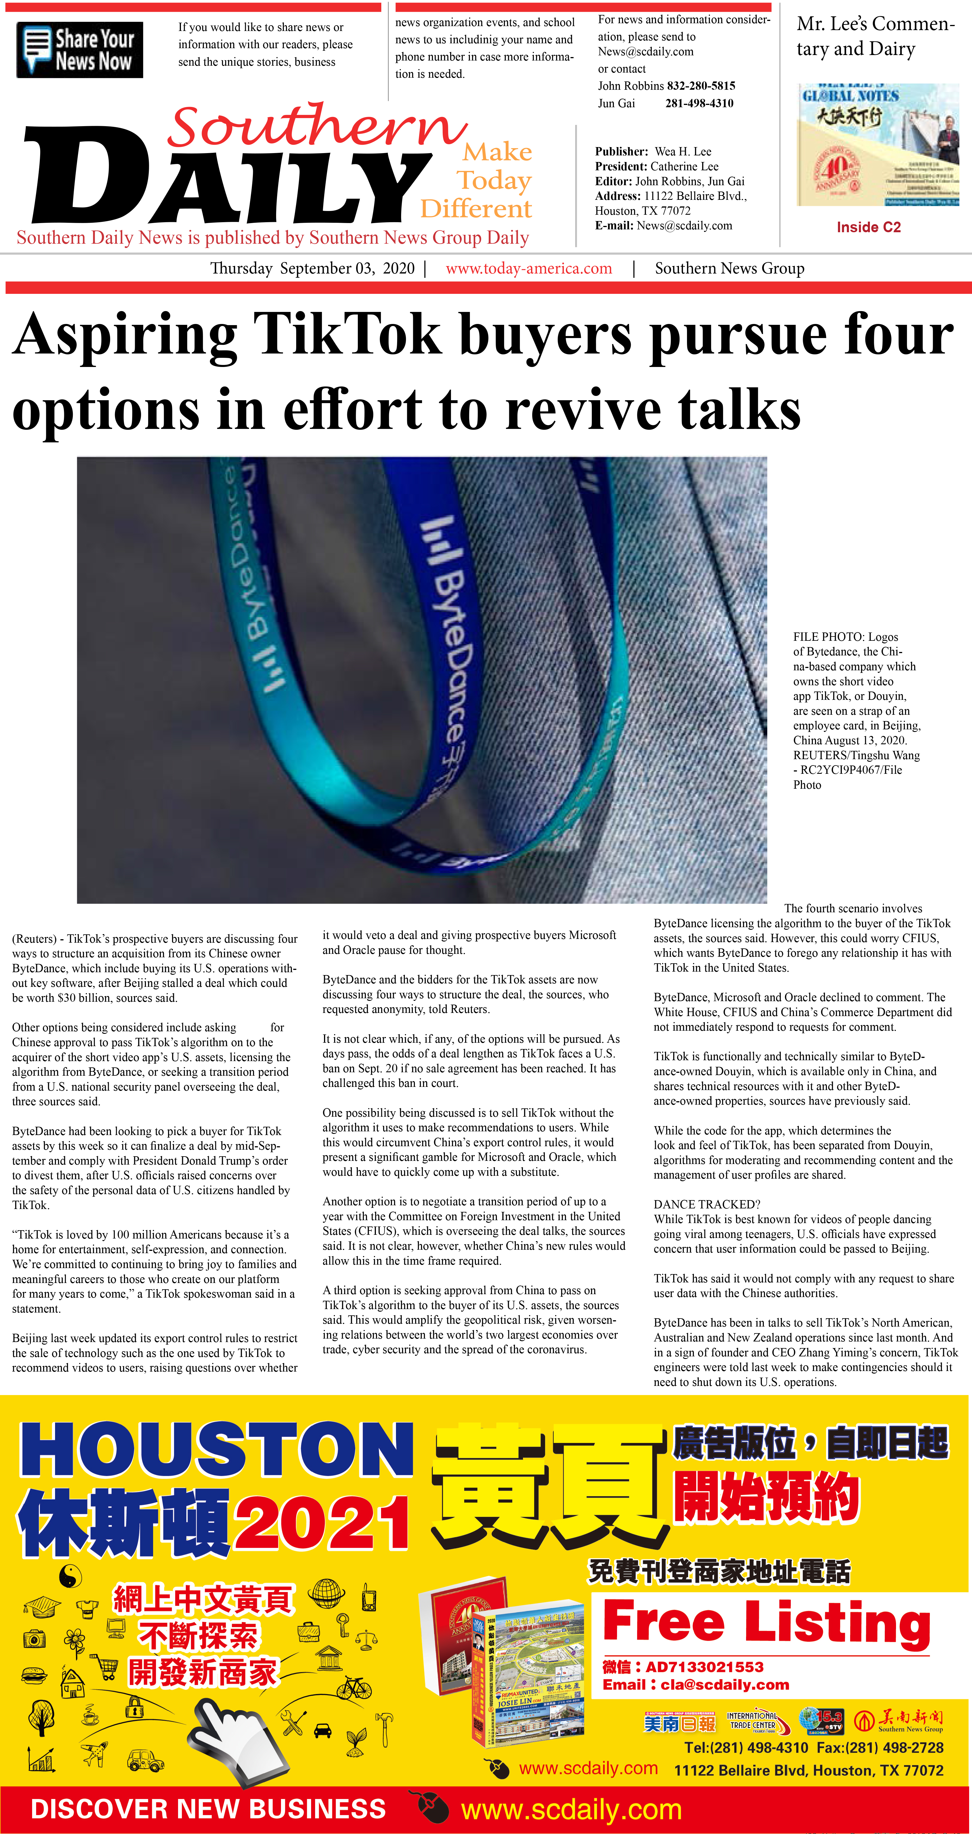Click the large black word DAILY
pos(228,178)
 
